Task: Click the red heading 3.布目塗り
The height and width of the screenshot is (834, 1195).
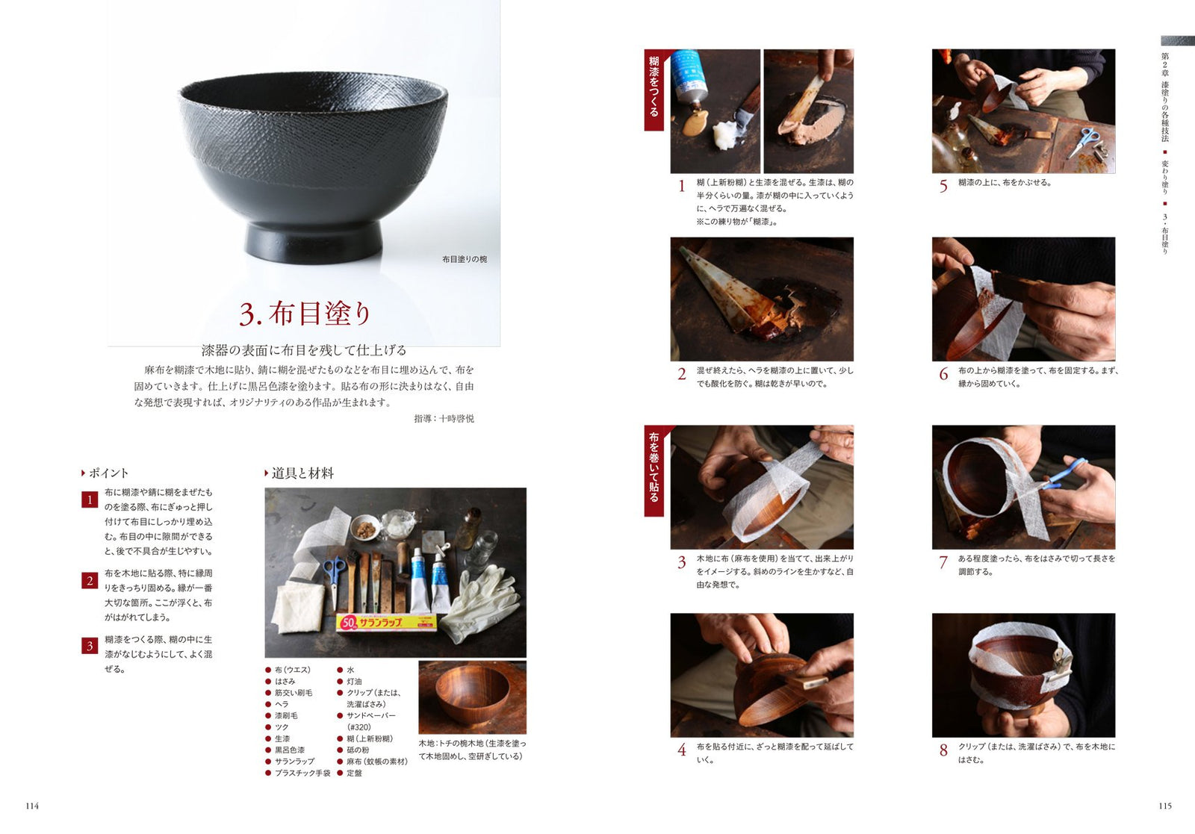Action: tap(305, 314)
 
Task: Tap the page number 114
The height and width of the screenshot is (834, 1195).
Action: tap(32, 806)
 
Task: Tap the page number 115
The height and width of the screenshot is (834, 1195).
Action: tap(1165, 806)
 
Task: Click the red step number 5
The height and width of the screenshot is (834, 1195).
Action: tap(943, 186)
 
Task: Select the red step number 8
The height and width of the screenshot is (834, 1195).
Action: tap(943, 750)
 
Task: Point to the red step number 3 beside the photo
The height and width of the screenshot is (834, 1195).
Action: tap(682, 562)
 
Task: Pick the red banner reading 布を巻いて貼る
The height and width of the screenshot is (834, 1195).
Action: tap(654, 471)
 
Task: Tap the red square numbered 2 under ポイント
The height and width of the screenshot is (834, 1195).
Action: tap(90, 580)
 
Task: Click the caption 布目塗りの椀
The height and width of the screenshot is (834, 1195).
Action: tap(464, 259)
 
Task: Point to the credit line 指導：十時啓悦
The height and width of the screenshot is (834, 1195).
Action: tap(444, 419)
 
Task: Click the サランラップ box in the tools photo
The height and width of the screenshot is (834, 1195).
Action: tap(386, 622)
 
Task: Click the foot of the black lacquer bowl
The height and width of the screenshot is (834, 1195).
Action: tap(313, 243)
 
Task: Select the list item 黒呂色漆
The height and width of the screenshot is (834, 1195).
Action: tap(290, 750)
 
